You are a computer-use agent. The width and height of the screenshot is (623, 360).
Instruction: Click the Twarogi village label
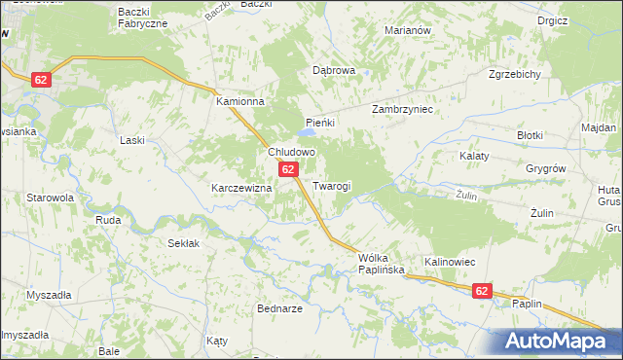[x=332, y=185]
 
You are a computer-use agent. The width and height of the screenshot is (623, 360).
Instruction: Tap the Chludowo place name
[x=291, y=153]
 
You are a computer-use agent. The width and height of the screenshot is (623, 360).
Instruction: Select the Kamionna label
[x=240, y=100]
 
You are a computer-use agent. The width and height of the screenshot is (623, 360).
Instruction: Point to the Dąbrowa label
[x=334, y=71]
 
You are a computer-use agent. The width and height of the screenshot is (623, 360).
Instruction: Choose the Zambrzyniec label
[x=402, y=110]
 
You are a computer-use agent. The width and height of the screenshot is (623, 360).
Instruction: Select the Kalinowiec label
[x=449, y=262]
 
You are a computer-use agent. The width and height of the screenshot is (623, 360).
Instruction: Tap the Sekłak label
[x=184, y=243]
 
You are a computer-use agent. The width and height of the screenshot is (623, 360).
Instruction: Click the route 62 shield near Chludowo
[x=288, y=170]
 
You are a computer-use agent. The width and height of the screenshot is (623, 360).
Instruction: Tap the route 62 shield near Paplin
[x=483, y=290]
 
